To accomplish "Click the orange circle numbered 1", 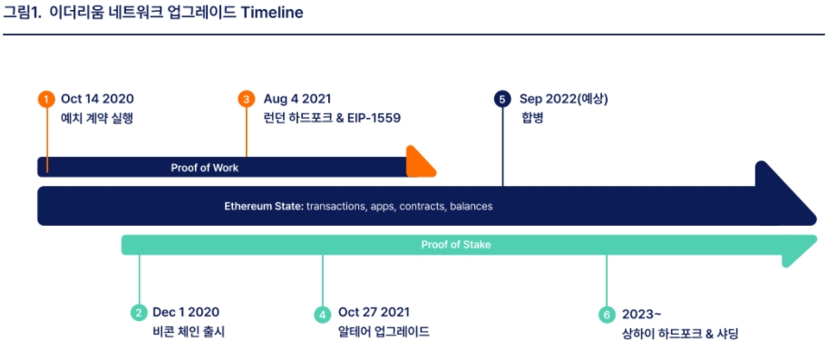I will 46,99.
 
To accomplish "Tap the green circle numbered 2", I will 139,313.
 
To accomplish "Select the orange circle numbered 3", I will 246,99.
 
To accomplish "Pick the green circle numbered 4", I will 322,314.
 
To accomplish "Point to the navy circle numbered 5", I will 502,99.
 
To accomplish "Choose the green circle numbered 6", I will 607,314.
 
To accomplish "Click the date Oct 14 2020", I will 97,98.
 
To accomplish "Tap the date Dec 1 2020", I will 186,312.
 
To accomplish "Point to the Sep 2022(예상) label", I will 563,98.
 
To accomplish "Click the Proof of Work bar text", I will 205,167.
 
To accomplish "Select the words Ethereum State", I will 263,206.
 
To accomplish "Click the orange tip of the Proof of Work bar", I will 419,163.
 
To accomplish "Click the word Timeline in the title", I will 272,14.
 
